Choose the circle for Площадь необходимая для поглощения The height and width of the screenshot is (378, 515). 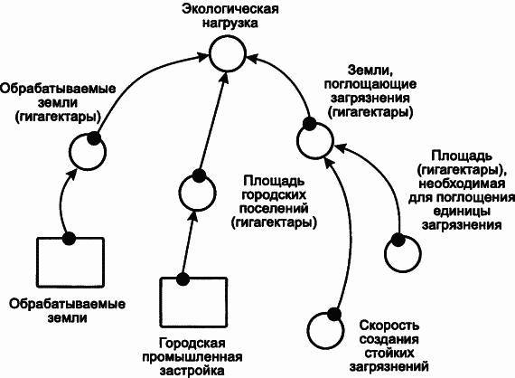tap(399, 254)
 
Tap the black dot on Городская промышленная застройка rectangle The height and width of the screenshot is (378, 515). tap(183, 279)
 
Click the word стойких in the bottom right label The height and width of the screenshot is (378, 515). tap(388, 354)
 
